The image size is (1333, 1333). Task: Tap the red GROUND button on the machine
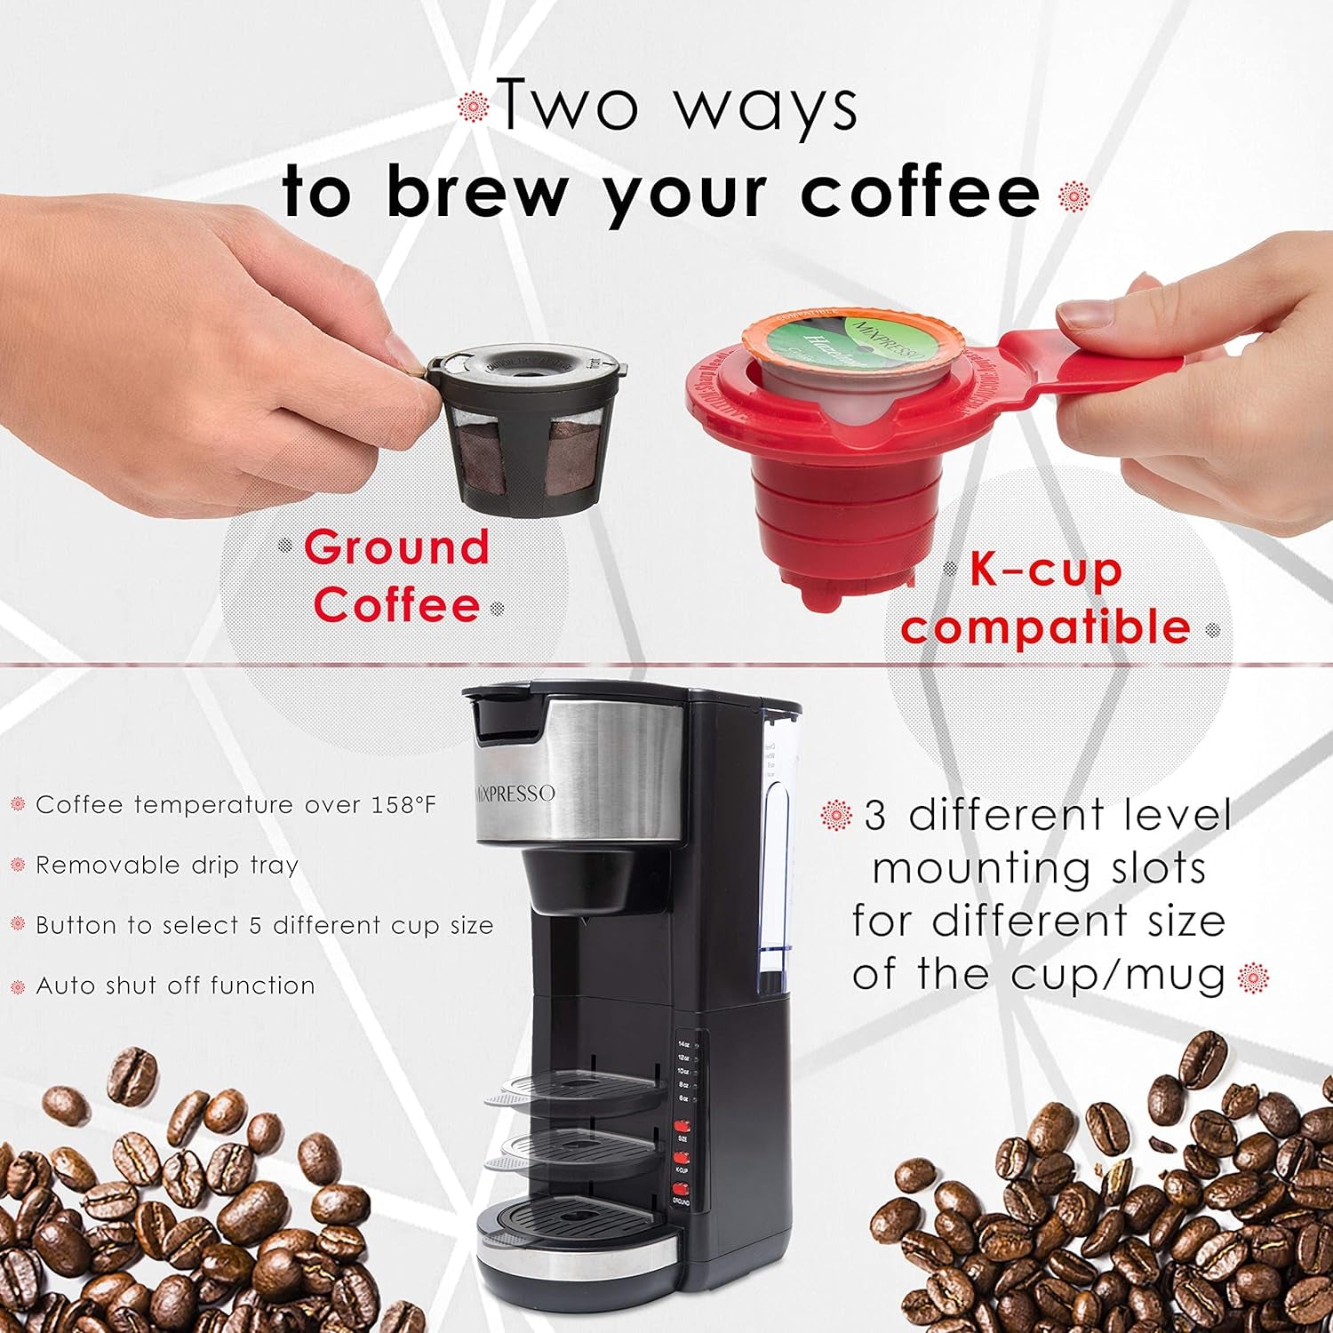(x=682, y=1189)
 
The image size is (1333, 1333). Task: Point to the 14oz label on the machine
(x=683, y=1044)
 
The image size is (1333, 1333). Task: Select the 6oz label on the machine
(x=683, y=1099)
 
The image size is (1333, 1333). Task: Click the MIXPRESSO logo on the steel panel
(x=514, y=794)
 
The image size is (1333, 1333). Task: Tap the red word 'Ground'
(x=396, y=547)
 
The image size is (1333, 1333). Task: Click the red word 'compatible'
(x=1045, y=627)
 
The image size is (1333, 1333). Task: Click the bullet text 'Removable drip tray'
(x=167, y=866)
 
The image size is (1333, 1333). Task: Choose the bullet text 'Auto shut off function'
(x=175, y=986)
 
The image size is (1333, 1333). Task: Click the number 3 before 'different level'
(x=874, y=816)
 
